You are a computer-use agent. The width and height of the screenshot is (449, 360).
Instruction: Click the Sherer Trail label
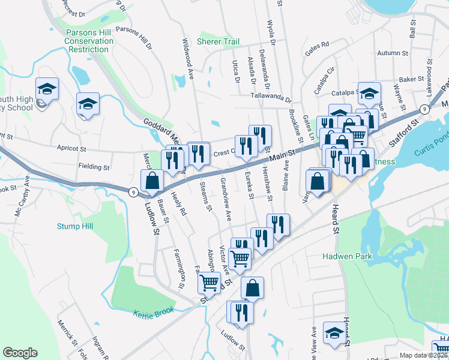218,42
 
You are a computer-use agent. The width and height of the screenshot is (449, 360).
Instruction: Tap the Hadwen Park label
351,257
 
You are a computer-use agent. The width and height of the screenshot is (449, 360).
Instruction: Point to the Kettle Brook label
153,310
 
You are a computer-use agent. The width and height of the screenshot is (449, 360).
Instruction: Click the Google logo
20,353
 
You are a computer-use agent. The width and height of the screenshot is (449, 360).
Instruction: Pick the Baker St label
412,79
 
